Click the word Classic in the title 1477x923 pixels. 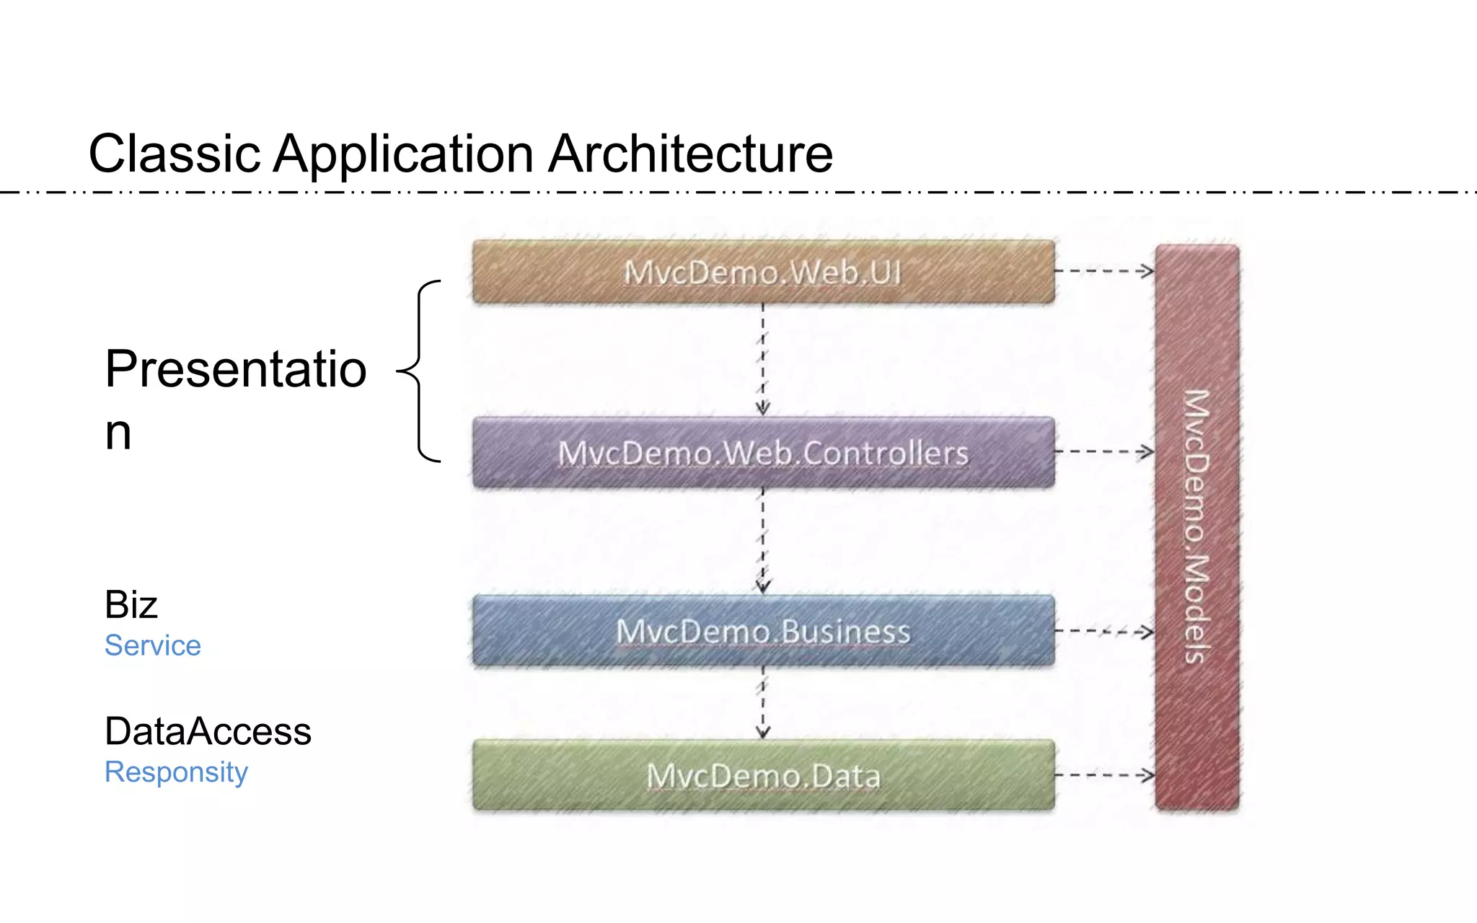(174, 154)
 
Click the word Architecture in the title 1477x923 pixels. (690, 154)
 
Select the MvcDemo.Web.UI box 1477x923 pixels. (763, 272)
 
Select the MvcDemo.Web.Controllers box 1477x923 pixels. (763, 453)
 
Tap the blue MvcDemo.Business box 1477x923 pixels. (763, 631)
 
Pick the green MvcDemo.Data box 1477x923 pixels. (763, 776)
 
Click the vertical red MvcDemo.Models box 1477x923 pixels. (1196, 526)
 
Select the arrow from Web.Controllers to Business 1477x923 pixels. (763, 541)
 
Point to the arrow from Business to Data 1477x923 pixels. (763, 702)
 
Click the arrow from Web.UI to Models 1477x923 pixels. (1104, 271)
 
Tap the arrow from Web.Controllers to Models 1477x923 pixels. (1104, 452)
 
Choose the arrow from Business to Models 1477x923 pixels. (1104, 631)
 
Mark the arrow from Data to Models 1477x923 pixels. (1104, 775)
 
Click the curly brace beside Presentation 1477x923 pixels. (420, 371)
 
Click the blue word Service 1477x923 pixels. (152, 645)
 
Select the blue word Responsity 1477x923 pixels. (176, 772)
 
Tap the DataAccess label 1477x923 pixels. (208, 731)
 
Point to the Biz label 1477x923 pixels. (131, 604)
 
